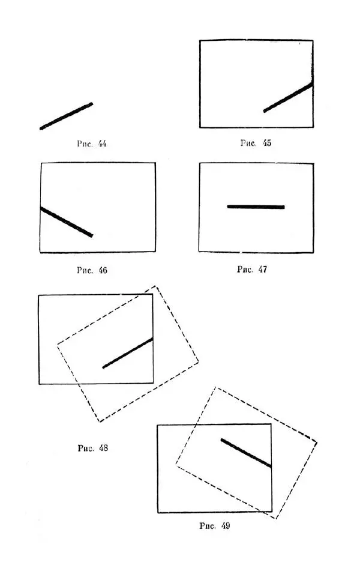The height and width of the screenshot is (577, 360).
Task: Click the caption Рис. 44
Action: [92, 143]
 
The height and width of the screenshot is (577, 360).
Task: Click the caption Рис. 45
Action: [256, 143]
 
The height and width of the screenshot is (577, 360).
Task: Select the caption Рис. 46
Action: [92, 270]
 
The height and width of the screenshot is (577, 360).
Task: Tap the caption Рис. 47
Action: [252, 269]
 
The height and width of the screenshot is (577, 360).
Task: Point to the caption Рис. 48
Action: [92, 448]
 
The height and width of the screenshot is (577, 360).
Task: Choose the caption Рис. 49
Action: [214, 526]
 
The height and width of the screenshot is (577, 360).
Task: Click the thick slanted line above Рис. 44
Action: [66, 116]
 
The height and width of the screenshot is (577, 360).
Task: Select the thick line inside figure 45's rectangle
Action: [288, 97]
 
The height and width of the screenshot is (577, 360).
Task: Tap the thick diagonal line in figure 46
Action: [66, 222]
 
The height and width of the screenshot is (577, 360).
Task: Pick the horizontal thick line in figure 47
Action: [256, 207]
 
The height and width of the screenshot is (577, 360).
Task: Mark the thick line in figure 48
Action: [128, 353]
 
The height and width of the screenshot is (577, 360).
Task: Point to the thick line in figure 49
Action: [246, 453]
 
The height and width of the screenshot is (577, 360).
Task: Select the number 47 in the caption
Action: [262, 269]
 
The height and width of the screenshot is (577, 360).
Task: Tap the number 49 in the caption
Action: [224, 526]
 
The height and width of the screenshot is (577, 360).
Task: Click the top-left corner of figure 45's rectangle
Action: [200, 41]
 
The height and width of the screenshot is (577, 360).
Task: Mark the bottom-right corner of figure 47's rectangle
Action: [313, 252]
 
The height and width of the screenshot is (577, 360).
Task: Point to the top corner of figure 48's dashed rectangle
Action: [155, 286]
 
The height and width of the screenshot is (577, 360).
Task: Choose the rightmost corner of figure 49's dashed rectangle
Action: [316, 443]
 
